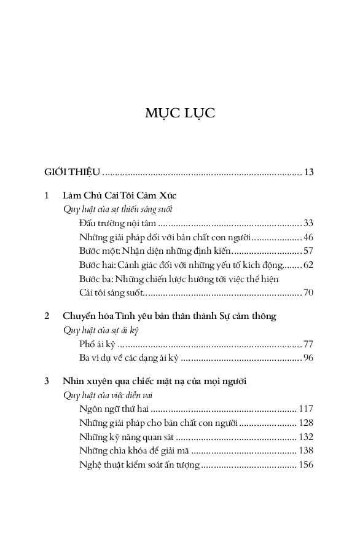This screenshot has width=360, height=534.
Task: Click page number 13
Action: (x=308, y=171)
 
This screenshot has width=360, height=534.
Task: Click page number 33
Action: (x=308, y=222)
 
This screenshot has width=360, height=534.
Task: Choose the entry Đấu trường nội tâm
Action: (x=117, y=222)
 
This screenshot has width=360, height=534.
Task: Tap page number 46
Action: (x=308, y=237)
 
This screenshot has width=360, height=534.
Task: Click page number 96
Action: (x=308, y=358)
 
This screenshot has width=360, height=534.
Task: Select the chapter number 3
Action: (x=48, y=382)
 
